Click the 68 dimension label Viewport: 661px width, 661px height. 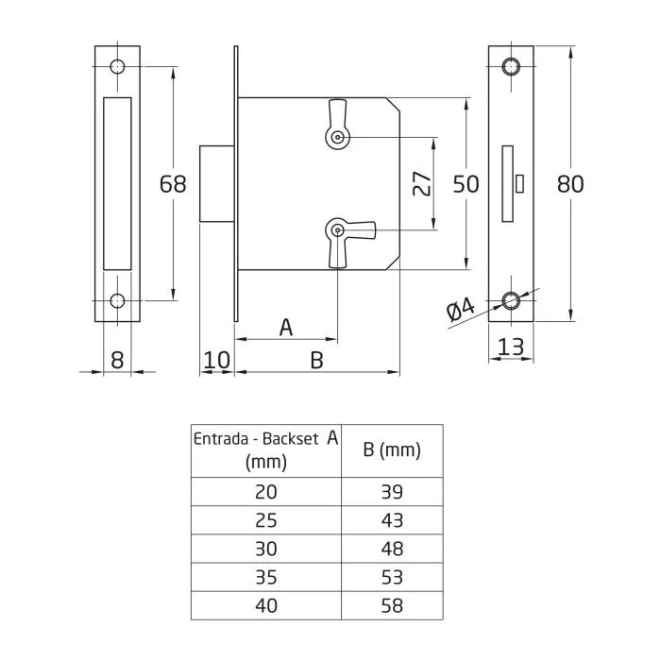tap(173, 183)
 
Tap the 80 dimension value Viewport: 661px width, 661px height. tap(569, 183)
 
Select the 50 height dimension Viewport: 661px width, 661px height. tap(466, 183)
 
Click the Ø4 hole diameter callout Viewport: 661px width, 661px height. tap(460, 310)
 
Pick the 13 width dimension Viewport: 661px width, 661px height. tap(510, 347)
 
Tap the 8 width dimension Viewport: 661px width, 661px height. tap(117, 359)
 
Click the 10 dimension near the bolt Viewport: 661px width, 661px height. tap(216, 359)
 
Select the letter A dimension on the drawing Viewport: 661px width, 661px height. tap(286, 328)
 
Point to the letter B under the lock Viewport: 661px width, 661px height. tap(317, 360)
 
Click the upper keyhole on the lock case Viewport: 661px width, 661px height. tap(337, 138)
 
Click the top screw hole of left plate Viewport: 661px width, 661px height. tap(117, 67)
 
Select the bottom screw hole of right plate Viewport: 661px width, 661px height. tap(511, 302)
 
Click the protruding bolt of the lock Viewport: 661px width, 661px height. tap(216, 183)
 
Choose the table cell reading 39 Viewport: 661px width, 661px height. tap(392, 492)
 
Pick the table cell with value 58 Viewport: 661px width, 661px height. tap(392, 603)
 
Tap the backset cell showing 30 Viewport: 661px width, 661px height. tap(266, 548)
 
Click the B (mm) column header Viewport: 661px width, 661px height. tap(392, 450)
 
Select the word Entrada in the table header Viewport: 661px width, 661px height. tap(223, 439)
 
